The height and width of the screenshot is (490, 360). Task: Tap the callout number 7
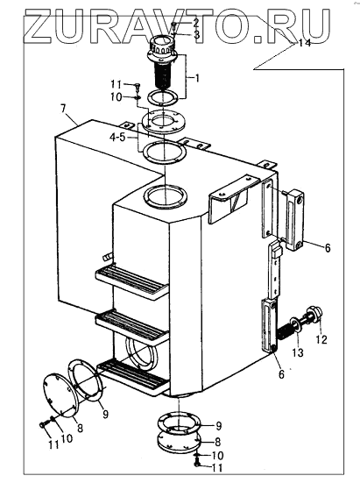tap(63, 109)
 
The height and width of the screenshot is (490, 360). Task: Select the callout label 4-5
tap(117, 137)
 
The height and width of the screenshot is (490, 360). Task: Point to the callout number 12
tap(322, 339)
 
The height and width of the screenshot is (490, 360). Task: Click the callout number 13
tap(298, 352)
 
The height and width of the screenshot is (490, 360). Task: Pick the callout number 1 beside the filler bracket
tap(197, 77)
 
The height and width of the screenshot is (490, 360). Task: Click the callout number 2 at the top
tap(195, 23)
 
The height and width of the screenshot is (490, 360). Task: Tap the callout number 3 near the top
tap(196, 34)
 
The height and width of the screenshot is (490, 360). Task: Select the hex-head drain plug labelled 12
tap(313, 315)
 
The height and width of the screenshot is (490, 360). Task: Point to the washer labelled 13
tap(294, 324)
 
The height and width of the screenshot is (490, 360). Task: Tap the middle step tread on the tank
tap(132, 327)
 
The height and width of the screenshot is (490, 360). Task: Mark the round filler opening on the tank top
tap(166, 197)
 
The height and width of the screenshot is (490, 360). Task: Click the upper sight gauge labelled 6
tap(295, 217)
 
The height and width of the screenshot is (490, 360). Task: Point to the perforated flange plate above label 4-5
tap(164, 123)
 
